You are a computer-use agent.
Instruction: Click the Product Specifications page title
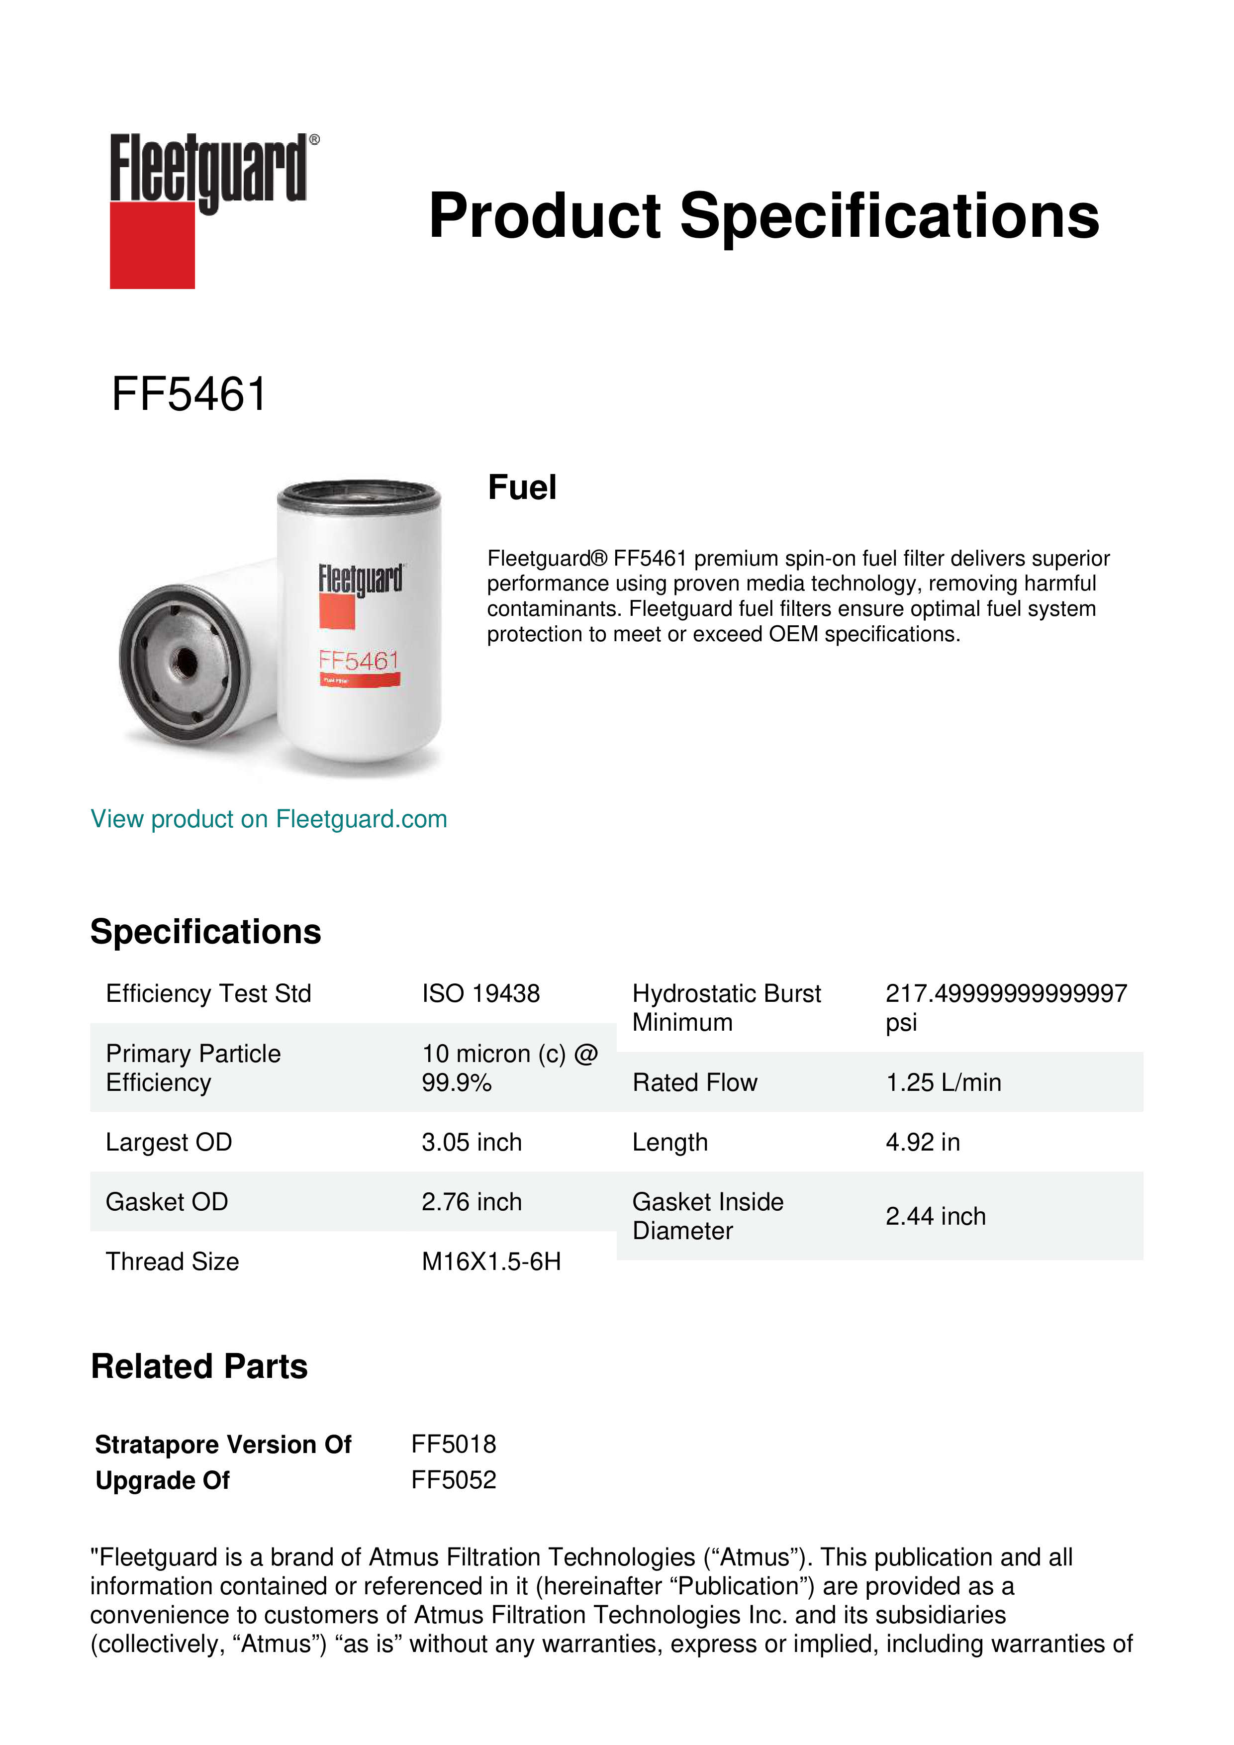[763, 216]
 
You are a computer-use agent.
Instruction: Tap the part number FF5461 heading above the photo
[189, 394]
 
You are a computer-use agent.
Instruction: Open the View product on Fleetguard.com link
[268, 819]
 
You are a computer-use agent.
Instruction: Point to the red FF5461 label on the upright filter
[359, 661]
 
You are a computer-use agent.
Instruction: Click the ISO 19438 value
[480, 993]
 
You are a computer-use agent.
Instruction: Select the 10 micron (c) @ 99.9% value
[509, 1068]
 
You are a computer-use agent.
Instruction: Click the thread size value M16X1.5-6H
[491, 1261]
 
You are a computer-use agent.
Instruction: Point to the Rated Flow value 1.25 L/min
[943, 1082]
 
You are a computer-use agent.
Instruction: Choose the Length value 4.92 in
[923, 1142]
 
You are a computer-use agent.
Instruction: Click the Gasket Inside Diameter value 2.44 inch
[936, 1216]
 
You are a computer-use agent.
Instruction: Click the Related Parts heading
[199, 1366]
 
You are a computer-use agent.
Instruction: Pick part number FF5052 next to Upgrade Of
[454, 1480]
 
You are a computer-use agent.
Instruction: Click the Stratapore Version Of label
[223, 1444]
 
